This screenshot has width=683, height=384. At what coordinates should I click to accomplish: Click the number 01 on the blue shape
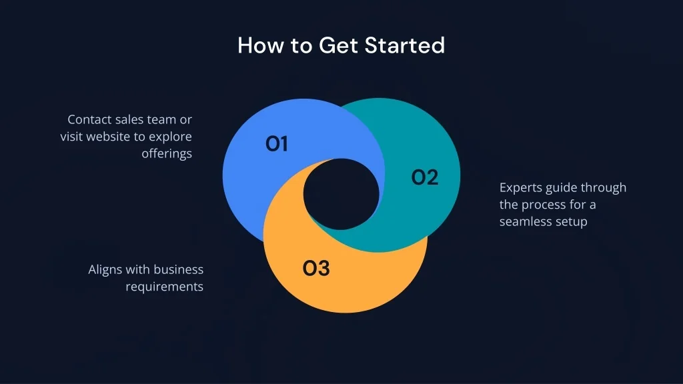[277, 144]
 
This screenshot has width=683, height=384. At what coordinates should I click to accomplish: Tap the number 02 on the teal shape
[425, 177]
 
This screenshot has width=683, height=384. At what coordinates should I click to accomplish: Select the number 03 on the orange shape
[316, 268]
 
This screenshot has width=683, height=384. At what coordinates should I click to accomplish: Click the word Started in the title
[405, 45]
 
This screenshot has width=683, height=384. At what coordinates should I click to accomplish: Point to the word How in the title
[261, 45]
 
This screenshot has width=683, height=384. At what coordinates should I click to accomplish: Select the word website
[109, 136]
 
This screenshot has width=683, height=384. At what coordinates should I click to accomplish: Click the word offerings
[167, 154]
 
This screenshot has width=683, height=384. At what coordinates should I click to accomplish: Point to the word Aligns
[105, 270]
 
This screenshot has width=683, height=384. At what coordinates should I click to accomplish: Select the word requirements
[165, 287]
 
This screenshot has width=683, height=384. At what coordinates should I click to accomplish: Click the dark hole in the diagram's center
[341, 194]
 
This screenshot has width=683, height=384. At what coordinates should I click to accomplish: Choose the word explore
[170, 137]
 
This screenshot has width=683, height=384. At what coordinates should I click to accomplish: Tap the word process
[542, 205]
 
